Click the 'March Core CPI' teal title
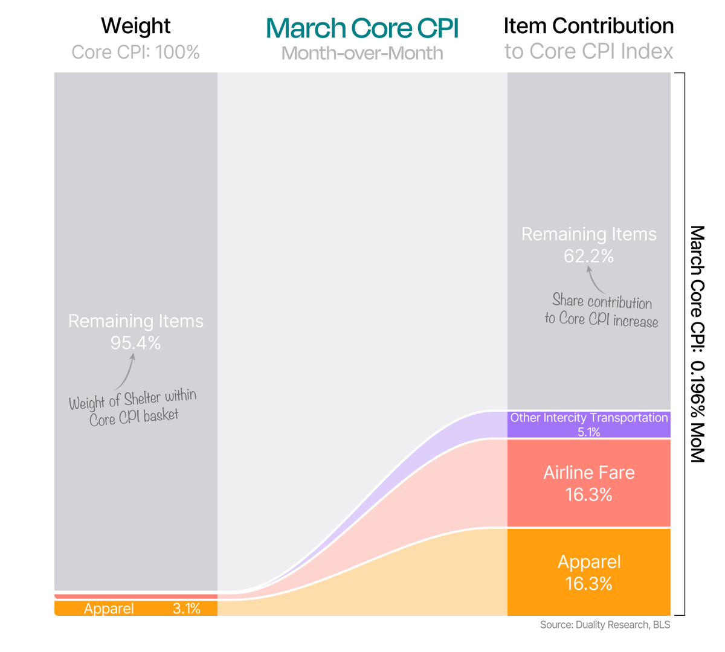tap(362, 28)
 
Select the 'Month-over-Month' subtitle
tap(362, 53)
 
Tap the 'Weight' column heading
tap(135, 26)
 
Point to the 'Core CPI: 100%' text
tap(135, 52)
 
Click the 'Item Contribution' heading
tap(588, 26)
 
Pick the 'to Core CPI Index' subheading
tap(588, 52)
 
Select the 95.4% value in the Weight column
tap(135, 343)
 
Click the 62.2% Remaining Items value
tap(588, 256)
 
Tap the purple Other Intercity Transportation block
tap(588, 424)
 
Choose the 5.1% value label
tap(588, 432)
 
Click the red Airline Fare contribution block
tap(588, 483)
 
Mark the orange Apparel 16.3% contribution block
tap(588, 572)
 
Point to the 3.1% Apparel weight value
tap(186, 609)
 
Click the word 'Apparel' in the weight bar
tap(109, 609)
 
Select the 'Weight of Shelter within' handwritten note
tap(132, 399)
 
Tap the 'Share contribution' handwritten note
tap(602, 301)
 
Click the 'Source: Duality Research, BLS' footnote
tap(605, 625)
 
